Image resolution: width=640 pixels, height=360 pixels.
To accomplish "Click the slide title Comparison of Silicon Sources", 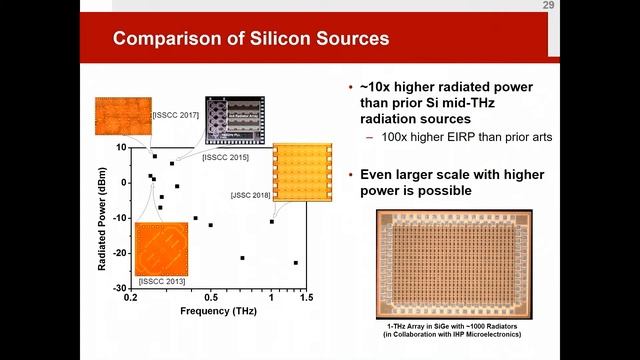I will coord(250,40).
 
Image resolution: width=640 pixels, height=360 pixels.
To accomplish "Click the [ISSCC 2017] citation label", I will coord(177,115).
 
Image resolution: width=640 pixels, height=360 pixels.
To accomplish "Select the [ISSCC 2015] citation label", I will coord(227,157).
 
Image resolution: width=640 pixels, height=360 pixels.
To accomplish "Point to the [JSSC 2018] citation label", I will coord(251,195).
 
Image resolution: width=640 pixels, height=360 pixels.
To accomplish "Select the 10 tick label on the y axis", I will coord(121,147).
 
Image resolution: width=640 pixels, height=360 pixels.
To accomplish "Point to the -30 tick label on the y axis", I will coord(119,288).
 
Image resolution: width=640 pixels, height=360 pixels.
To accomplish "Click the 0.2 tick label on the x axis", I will coord(130,298).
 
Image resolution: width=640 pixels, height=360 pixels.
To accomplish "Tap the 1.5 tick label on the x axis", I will coord(305,298).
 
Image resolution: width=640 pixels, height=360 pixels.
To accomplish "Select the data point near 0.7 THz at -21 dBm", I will coord(242,258).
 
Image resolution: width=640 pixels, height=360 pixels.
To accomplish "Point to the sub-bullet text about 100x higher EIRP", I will coord(453,136).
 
